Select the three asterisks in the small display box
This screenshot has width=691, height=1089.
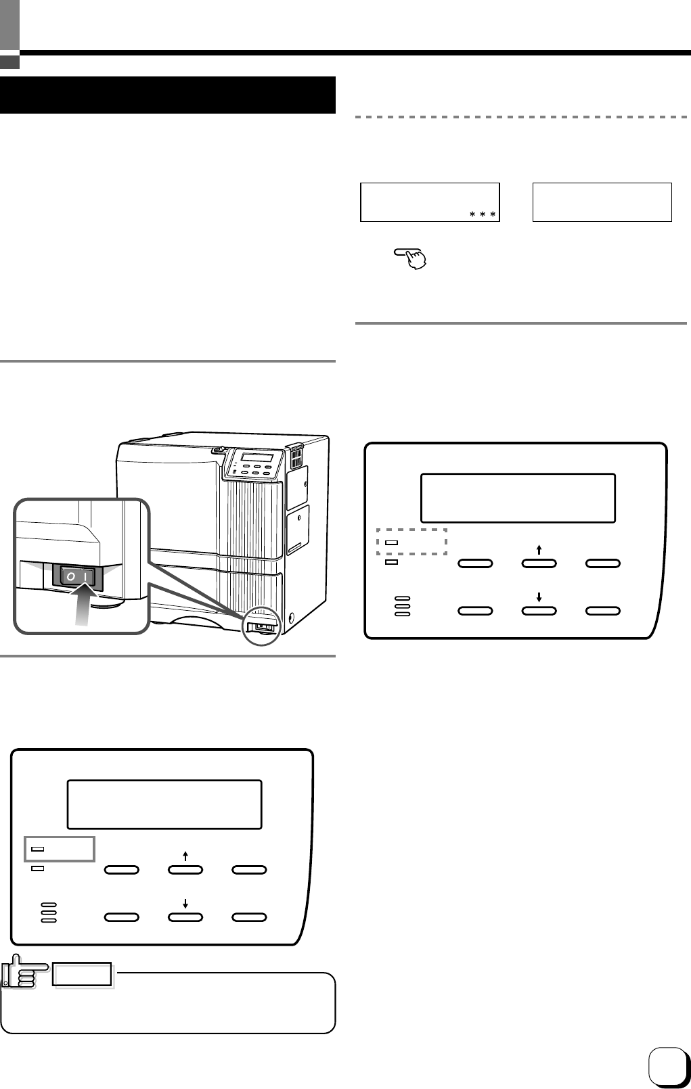tap(483, 214)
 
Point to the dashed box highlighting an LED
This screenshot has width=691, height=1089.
tap(411, 542)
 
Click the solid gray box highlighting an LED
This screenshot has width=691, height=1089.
tap(60, 848)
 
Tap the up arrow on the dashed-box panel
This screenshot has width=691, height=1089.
tap(539, 550)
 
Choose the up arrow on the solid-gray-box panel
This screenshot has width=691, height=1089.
tap(185, 856)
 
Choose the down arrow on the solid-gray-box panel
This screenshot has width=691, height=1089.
tap(185, 904)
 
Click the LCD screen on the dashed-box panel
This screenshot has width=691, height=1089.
tap(518, 498)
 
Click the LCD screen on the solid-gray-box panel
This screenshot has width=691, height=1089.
tap(164, 804)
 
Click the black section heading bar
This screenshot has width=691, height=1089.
tap(168, 95)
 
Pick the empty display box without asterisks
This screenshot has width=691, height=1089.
tap(602, 202)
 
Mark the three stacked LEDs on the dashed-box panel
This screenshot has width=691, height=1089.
tap(402, 606)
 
